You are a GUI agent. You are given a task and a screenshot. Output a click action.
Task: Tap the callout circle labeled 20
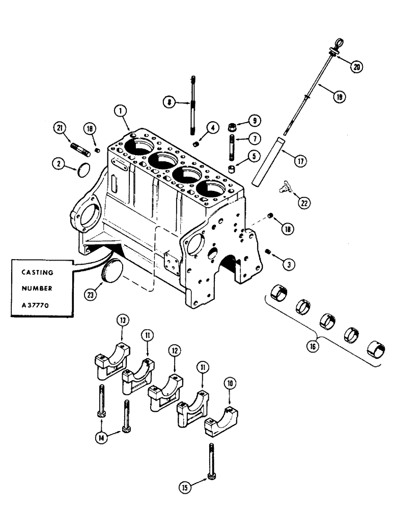pyautogui.click(x=357, y=66)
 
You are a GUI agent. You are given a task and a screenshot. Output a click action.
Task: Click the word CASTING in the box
pyautogui.click(x=36, y=272)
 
